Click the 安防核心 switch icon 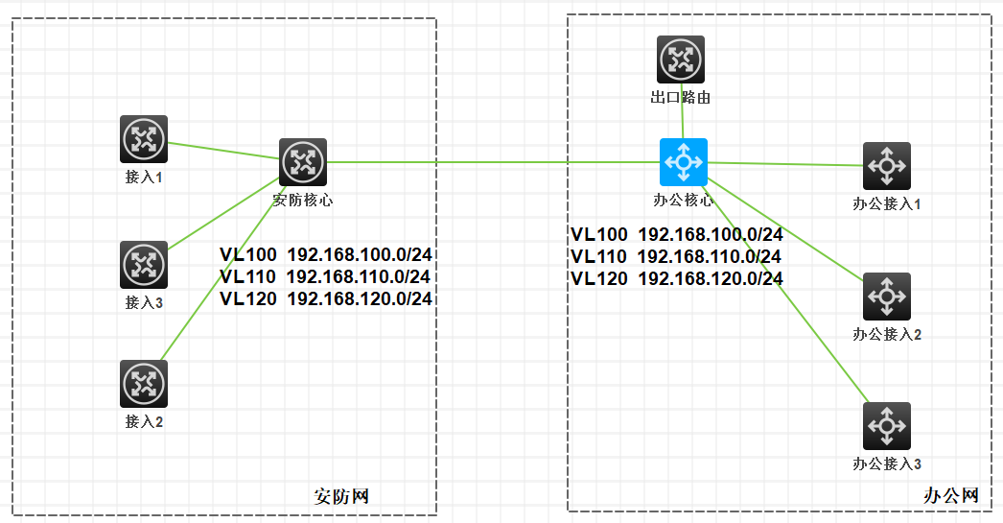[303, 162]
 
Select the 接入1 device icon [144, 139]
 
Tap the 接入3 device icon [144, 264]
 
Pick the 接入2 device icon [144, 384]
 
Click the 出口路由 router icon [681, 59]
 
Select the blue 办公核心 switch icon [683, 162]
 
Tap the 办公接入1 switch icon [886, 166]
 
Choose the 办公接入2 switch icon [886, 297]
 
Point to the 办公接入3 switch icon [886, 425]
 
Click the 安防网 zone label [342, 496]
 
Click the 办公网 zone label [951, 496]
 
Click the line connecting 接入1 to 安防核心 [223, 151]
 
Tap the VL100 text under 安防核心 [247, 254]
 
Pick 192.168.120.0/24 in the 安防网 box [360, 298]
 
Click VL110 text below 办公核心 [599, 256]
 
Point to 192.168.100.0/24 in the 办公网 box [711, 234]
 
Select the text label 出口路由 [681, 97]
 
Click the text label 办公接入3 [886, 464]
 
